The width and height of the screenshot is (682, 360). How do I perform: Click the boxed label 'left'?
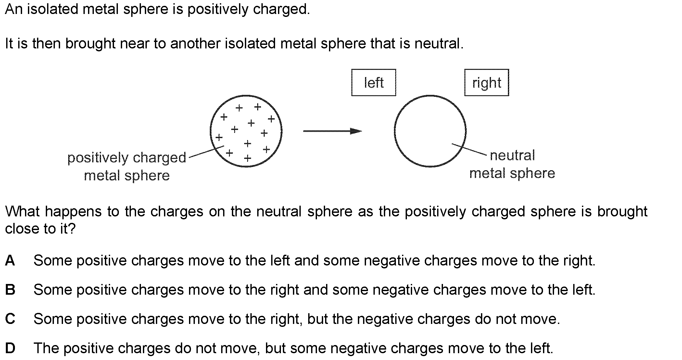(373, 83)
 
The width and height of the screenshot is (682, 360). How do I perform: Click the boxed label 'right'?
(486, 83)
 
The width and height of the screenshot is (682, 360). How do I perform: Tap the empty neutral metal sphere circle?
(430, 131)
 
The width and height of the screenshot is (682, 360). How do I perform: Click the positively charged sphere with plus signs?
(246, 131)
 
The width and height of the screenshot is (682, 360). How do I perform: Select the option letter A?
(10, 260)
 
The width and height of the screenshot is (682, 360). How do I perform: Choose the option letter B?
(10, 289)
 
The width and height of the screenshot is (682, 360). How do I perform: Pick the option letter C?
(10, 319)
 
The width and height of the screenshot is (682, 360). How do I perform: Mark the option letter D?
(10, 348)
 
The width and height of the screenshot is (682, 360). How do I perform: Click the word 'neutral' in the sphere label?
(512, 155)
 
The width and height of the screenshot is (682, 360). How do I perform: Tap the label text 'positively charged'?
(127, 158)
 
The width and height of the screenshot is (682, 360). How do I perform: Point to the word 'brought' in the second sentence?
(90, 44)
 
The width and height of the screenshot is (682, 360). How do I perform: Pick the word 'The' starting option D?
(46, 348)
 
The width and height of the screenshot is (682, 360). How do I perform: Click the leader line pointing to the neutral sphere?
(469, 149)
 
